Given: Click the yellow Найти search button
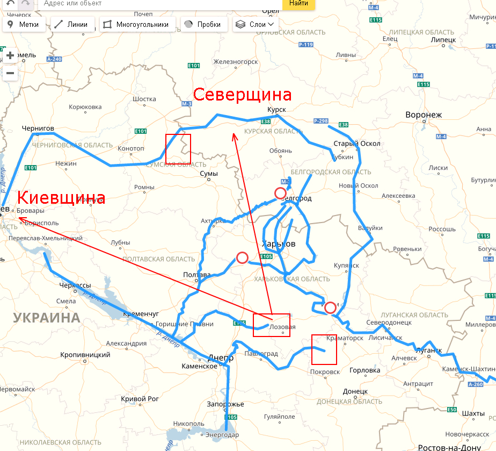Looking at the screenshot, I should click(298, 4).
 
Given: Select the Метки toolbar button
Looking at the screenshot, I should click(25, 25).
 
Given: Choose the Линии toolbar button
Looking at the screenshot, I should click(74, 25).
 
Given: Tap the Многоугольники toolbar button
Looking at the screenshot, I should click(137, 25).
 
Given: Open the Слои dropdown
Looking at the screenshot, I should click(256, 25).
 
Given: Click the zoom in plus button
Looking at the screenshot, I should click(10, 55).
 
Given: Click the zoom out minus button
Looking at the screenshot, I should click(10, 73).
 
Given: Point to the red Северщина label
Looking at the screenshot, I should click(242, 95).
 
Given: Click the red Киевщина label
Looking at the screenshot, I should click(61, 198).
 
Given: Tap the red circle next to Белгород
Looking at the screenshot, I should click(280, 193).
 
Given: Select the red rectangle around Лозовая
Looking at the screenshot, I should click(272, 325).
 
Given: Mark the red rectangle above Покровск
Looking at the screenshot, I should click(324, 349).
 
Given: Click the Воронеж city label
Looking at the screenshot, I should click(423, 115).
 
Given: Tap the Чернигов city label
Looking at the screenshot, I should click(38, 128).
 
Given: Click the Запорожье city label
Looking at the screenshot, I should click(225, 404).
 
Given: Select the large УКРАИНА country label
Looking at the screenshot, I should click(47, 317).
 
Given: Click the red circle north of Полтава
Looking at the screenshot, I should click(242, 258).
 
